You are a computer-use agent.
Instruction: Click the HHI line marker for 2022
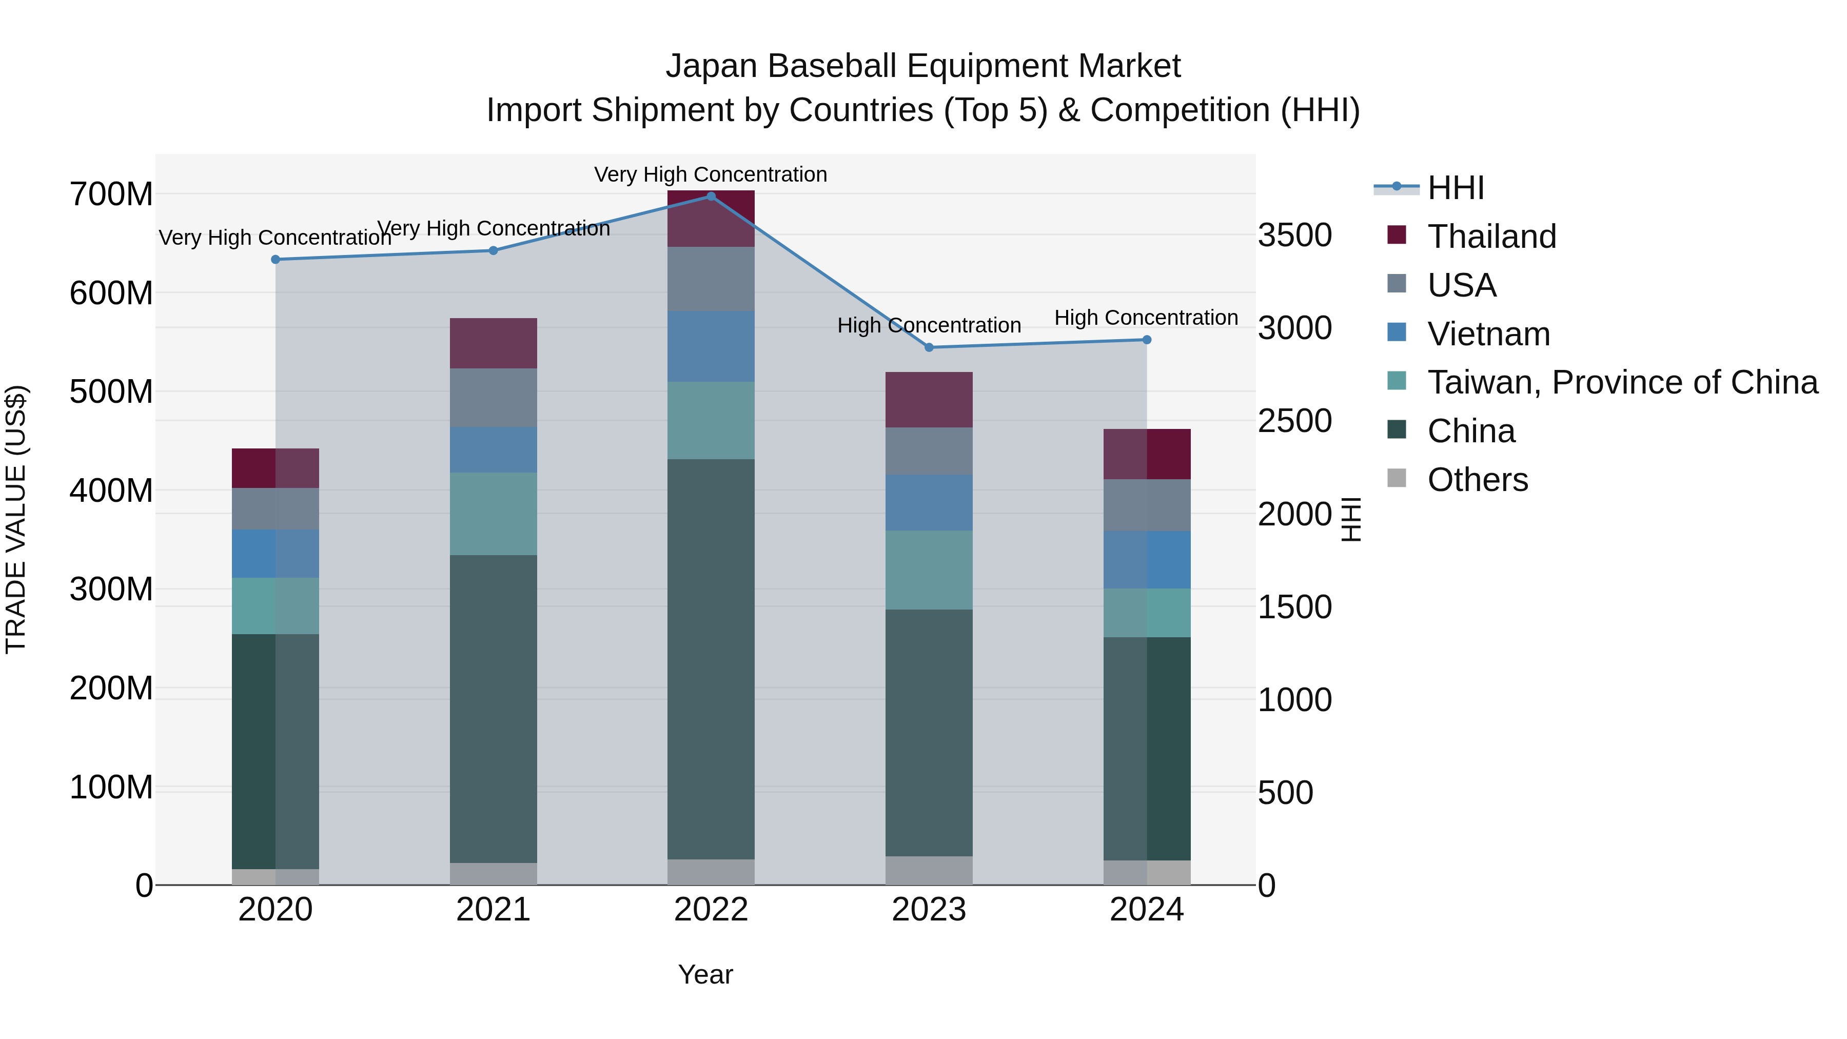(x=711, y=197)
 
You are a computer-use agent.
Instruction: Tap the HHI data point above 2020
(x=276, y=260)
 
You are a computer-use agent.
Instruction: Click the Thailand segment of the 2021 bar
(x=493, y=343)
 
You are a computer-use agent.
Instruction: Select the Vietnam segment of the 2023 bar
(x=929, y=503)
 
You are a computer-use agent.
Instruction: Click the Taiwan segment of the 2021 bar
(x=493, y=514)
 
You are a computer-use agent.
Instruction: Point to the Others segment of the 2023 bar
(x=929, y=871)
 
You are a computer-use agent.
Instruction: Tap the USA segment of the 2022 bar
(x=711, y=279)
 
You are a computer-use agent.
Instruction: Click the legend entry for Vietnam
(x=1488, y=334)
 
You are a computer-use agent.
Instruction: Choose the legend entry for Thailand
(x=1491, y=237)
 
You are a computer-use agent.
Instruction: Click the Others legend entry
(x=1477, y=480)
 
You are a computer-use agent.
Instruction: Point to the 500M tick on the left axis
(x=111, y=392)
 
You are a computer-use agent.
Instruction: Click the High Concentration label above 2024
(x=1146, y=318)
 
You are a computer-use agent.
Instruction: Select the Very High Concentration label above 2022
(x=711, y=175)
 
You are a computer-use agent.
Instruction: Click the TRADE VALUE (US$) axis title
(x=16, y=519)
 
